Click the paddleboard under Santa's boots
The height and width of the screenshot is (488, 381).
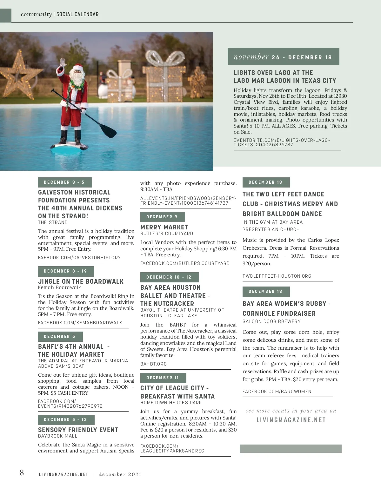point(69,146)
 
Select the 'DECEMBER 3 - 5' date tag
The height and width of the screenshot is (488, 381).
point(64,182)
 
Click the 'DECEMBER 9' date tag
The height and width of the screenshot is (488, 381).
point(162,217)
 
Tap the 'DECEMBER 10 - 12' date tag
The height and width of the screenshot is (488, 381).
point(169,277)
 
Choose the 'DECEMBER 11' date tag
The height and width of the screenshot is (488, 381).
point(163,378)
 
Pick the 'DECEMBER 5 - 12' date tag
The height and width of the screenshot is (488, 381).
point(66,420)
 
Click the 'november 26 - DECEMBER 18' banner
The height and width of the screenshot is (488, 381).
point(283,57)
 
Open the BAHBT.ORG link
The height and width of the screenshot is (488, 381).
point(153,364)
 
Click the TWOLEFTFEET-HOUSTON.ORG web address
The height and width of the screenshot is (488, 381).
point(277,276)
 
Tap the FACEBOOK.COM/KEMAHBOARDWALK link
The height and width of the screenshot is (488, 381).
point(80,323)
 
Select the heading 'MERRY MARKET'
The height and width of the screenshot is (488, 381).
point(164,227)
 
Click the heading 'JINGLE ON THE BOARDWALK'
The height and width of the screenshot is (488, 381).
point(81,281)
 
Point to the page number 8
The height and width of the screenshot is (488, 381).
point(22,473)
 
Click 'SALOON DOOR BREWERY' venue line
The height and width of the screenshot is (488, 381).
point(271,321)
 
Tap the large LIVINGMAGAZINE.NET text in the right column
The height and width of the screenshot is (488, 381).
point(291,420)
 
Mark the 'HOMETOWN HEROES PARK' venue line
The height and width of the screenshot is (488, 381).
point(171,403)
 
